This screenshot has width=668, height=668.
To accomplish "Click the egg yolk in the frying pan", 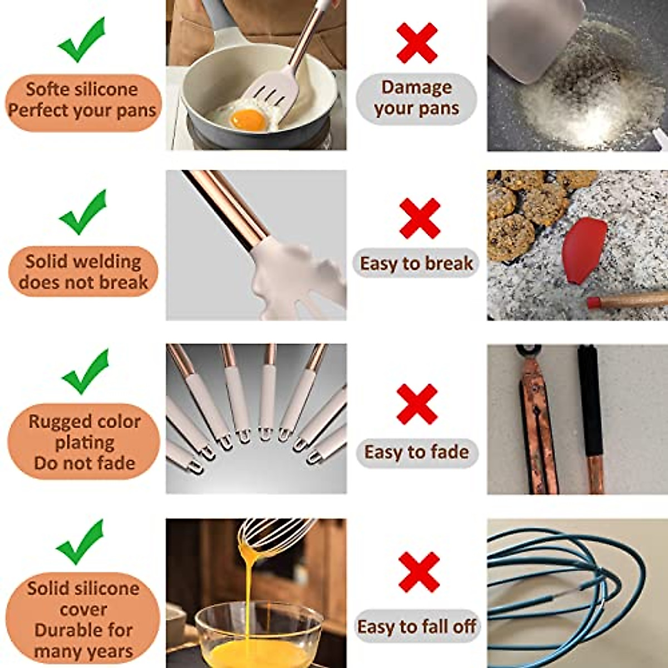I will coord(247,119).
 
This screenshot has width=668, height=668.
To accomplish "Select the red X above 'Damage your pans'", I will coord(417,43).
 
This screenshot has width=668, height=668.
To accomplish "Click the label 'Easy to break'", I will coord(416,263).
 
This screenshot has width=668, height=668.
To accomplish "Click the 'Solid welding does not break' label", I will coord(83,272).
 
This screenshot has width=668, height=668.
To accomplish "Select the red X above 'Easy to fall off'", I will coord(419,572).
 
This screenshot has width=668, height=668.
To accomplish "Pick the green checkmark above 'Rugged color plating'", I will coord(85,372).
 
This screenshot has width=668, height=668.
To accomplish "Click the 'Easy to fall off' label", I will coord(416,627).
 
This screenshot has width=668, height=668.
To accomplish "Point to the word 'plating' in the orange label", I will coord(85,443).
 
